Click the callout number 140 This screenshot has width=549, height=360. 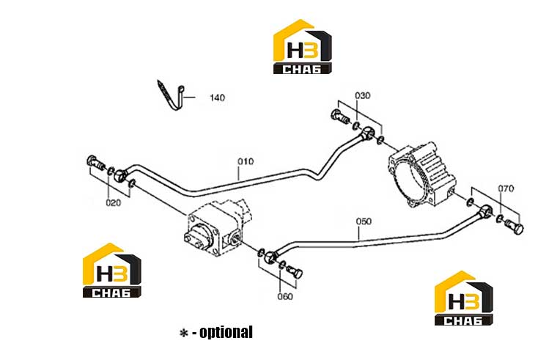pyautogui.click(x=217, y=98)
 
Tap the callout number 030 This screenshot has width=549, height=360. pyautogui.click(x=362, y=95)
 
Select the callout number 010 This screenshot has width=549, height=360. pyautogui.click(x=246, y=161)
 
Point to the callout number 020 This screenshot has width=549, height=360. pyautogui.click(x=113, y=202)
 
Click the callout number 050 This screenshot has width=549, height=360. pyautogui.click(x=364, y=221)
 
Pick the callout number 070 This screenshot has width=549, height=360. pyautogui.click(x=506, y=188)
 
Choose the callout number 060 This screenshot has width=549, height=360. pyautogui.click(x=285, y=296)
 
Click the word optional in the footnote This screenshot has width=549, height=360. pyautogui.click(x=226, y=332)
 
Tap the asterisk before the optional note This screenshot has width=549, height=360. pyautogui.click(x=183, y=333)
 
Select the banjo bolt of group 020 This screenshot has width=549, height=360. pyautogui.click(x=96, y=163)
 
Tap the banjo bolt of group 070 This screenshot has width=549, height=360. pyautogui.click(x=515, y=227)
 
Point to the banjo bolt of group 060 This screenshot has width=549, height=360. pyautogui.click(x=295, y=272)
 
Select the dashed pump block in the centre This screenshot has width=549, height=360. pyautogui.click(x=216, y=227)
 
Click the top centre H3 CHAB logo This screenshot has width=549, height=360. pyautogui.click(x=302, y=47)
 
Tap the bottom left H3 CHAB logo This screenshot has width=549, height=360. pyautogui.click(x=112, y=271)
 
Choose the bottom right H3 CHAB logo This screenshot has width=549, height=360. pyautogui.click(x=464, y=298)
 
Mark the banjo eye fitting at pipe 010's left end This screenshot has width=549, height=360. pyautogui.click(x=121, y=175)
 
